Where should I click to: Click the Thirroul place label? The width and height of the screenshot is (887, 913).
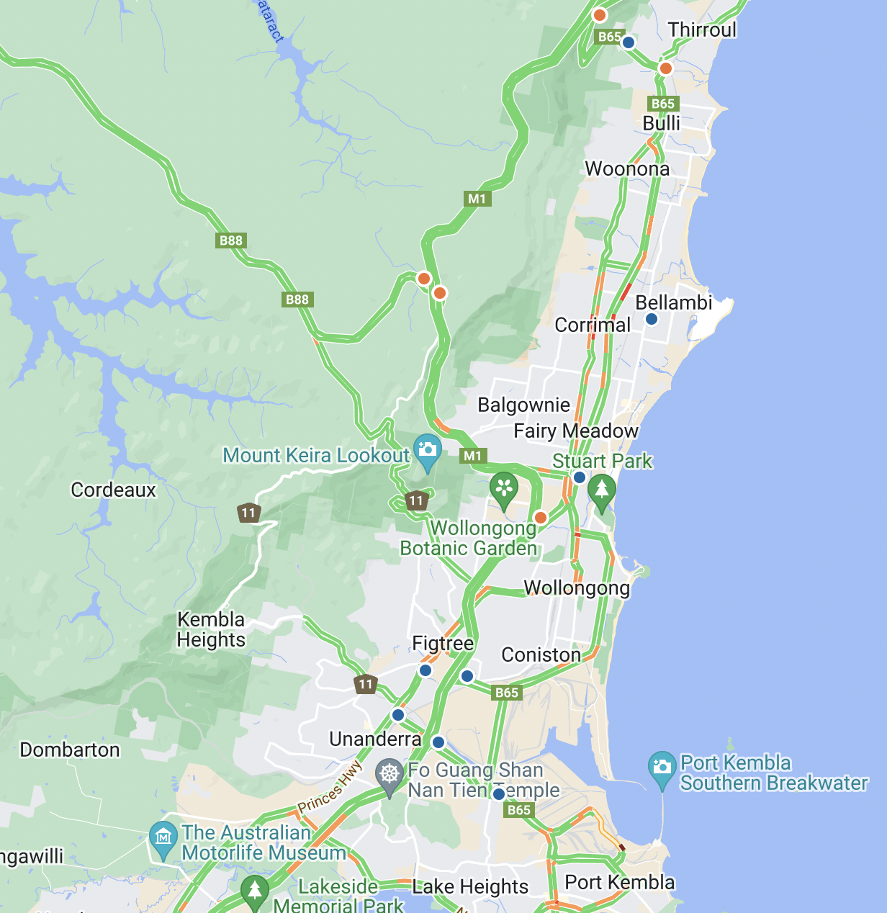[x=702, y=30]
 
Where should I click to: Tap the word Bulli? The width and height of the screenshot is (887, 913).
[x=661, y=124]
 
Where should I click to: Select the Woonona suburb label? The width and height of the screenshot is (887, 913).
[x=627, y=169]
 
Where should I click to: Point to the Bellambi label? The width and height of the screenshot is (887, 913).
[x=673, y=302]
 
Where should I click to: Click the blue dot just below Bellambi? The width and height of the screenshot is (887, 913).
[x=652, y=319]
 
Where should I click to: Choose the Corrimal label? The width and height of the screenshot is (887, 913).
[x=592, y=325]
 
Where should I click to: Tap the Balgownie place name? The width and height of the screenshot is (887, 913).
[x=523, y=405]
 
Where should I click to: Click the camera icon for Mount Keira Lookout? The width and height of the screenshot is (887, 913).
[x=428, y=449]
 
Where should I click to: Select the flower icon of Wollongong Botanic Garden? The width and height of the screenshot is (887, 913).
[x=504, y=487]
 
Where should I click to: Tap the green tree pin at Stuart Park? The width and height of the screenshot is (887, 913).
[x=602, y=490]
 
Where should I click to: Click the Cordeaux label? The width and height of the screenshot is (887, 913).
[x=113, y=490]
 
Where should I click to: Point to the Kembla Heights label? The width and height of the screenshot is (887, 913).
[x=211, y=630]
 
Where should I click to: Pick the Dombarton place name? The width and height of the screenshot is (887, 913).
[x=70, y=750]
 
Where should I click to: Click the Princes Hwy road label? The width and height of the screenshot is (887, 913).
[x=330, y=788]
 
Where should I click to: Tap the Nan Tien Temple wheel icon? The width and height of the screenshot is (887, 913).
[x=390, y=775]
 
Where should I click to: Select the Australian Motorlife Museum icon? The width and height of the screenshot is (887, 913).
[x=163, y=837]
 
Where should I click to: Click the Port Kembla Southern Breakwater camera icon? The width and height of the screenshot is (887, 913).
[x=662, y=767]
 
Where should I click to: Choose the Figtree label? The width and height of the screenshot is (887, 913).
[x=443, y=643]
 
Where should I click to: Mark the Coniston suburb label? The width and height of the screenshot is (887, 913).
[x=541, y=655]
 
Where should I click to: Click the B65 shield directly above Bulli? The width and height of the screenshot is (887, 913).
[x=662, y=104]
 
